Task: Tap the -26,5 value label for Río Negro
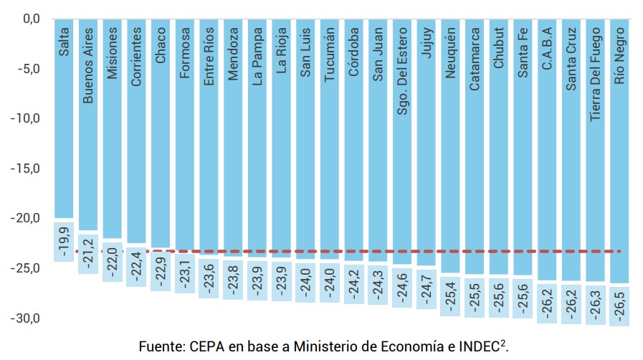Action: [x=621, y=306]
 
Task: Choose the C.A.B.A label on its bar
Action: [x=547, y=49]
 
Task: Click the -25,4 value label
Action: [x=451, y=295]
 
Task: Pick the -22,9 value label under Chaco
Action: [x=161, y=270]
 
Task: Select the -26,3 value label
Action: [x=596, y=305]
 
